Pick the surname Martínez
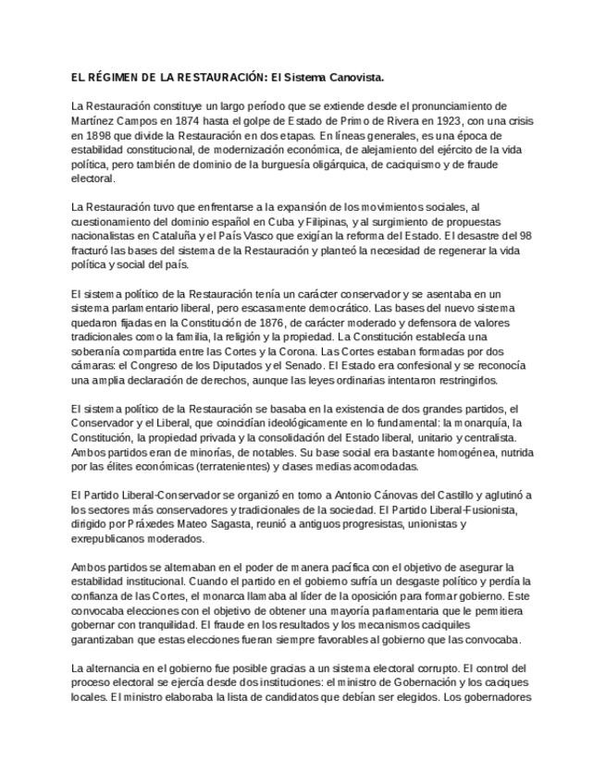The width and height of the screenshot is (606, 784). click(92, 121)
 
